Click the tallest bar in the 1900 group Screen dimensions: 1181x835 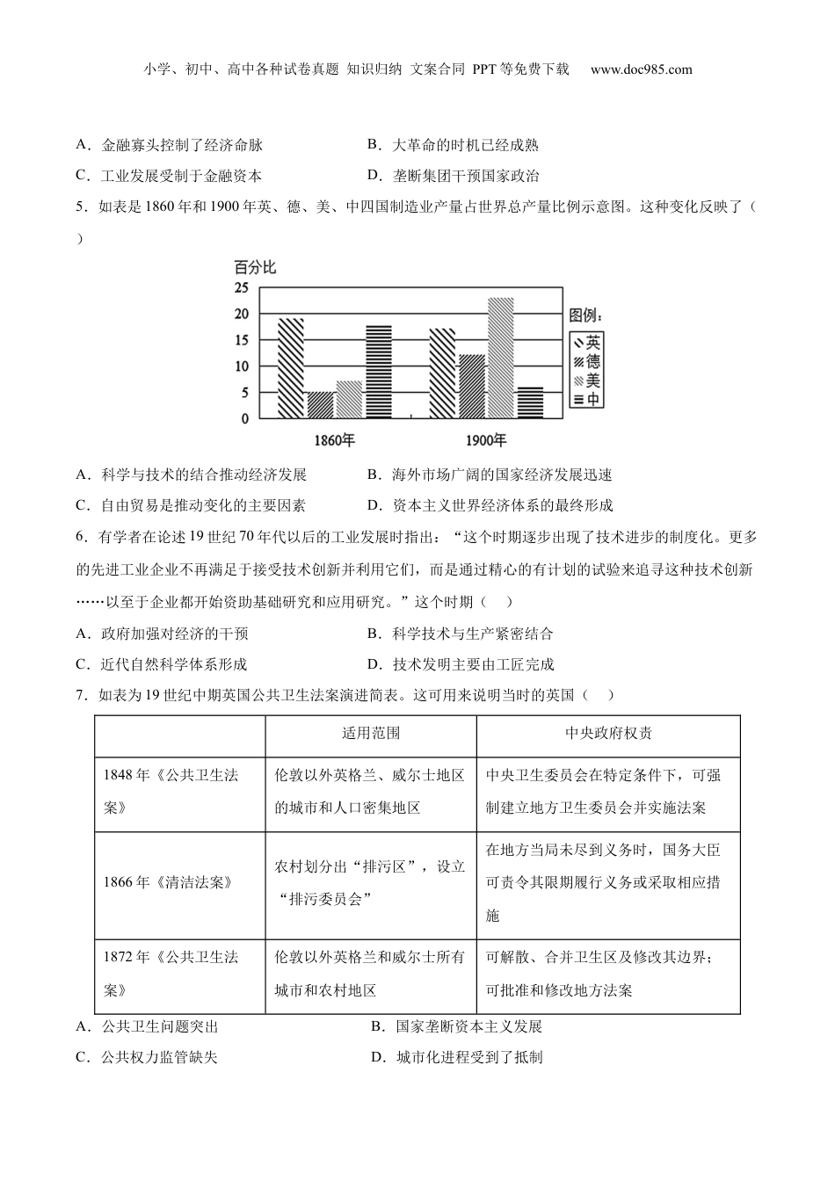[x=500, y=358]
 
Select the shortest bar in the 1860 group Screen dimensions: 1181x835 [x=320, y=404]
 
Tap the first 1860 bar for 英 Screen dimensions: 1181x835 [x=291, y=367]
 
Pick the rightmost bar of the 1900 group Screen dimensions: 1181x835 [x=530, y=402]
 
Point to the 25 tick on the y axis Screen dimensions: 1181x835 [x=241, y=288]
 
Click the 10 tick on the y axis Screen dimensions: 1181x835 [x=241, y=366]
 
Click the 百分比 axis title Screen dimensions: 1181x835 [x=255, y=267]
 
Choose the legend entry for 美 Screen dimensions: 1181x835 [x=586, y=380]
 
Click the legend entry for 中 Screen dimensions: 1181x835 [x=586, y=399]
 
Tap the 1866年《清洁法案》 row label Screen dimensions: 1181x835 [x=169, y=882]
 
